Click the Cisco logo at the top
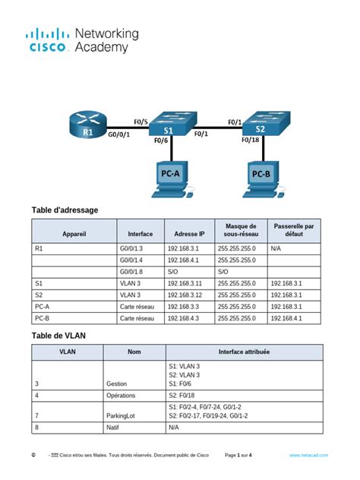pos(49,40)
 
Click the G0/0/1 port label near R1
pos(120,136)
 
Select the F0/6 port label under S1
pos(161,141)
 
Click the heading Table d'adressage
pos(65,210)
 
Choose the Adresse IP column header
pos(189,234)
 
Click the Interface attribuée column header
pos(243,352)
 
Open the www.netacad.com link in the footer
pos(308,455)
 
